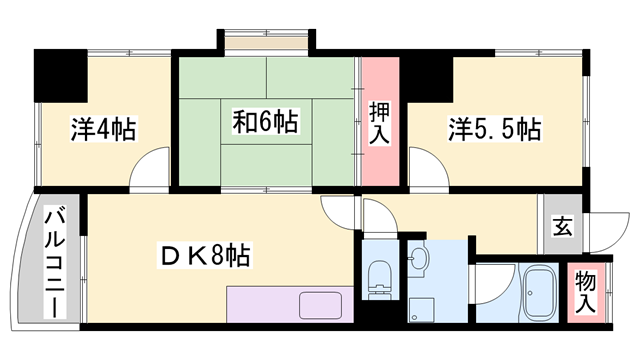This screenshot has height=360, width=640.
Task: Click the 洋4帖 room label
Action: click(x=103, y=129)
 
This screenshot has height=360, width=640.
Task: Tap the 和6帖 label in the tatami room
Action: click(x=266, y=121)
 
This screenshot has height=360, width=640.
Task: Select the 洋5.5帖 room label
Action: click(x=495, y=129)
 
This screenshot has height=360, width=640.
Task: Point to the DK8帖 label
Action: click(x=204, y=256)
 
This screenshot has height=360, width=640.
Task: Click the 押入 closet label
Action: click(x=380, y=123)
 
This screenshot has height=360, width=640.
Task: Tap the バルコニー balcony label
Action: click(x=55, y=264)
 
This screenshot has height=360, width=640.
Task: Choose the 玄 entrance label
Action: click(x=562, y=226)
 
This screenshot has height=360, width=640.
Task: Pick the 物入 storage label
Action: click(x=586, y=293)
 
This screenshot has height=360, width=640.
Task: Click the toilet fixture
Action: click(x=380, y=280)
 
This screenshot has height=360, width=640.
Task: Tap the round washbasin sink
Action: click(x=418, y=259)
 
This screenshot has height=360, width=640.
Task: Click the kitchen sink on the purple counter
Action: click(x=320, y=305)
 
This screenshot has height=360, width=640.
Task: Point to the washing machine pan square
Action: click(x=422, y=309)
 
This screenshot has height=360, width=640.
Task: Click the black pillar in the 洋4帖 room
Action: click(x=60, y=76)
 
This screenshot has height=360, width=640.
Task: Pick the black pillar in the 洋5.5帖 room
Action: click(x=430, y=78)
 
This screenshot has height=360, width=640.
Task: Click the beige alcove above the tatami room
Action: click(x=266, y=43)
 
